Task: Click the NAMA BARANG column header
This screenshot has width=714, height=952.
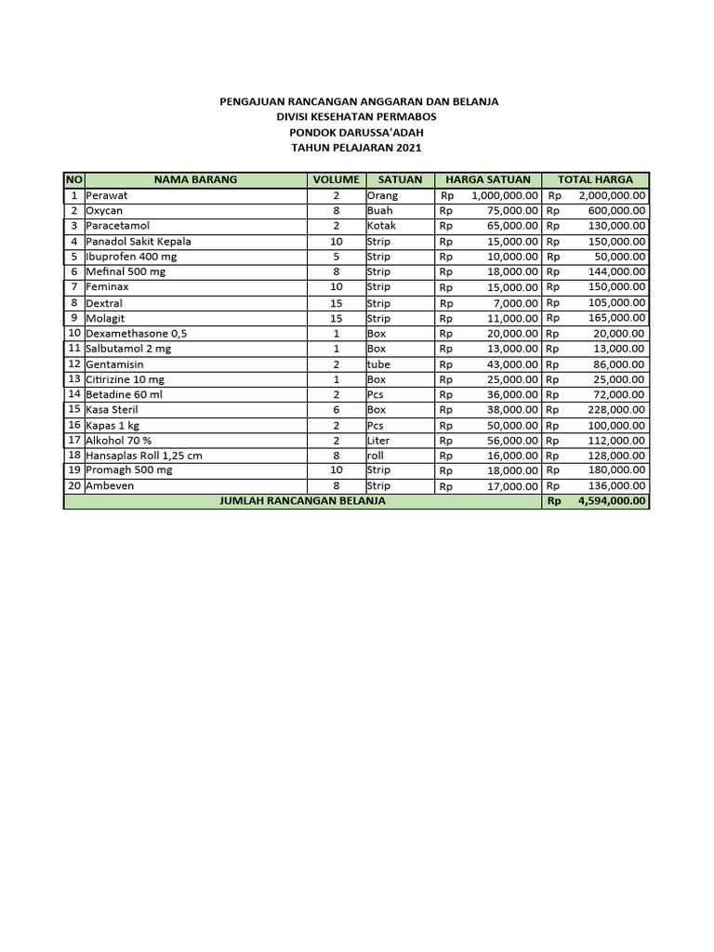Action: pyautogui.click(x=195, y=179)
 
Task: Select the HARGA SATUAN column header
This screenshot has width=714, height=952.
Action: pyautogui.click(x=488, y=179)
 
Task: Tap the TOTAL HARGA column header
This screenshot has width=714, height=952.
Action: pyautogui.click(x=595, y=179)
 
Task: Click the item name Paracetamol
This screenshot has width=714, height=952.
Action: pyautogui.click(x=118, y=226)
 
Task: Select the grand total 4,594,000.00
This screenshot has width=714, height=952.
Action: pyautogui.click(x=611, y=501)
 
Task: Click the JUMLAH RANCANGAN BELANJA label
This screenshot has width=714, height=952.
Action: pyautogui.click(x=302, y=501)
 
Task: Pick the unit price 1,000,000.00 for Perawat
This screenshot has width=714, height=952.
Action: pyautogui.click(x=505, y=196)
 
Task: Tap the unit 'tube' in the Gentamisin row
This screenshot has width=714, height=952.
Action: pyautogui.click(x=379, y=364)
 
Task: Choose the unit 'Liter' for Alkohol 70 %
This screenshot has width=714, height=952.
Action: pyautogui.click(x=379, y=440)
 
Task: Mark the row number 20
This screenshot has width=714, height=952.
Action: pyautogui.click(x=73, y=485)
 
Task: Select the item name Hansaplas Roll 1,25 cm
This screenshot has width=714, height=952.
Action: pyautogui.click(x=144, y=456)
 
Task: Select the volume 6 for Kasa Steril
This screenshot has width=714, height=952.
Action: pyautogui.click(x=336, y=409)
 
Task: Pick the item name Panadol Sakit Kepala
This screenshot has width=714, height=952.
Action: pyautogui.click(x=139, y=242)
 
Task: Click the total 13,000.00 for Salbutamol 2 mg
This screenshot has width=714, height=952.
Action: pyautogui.click(x=617, y=349)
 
